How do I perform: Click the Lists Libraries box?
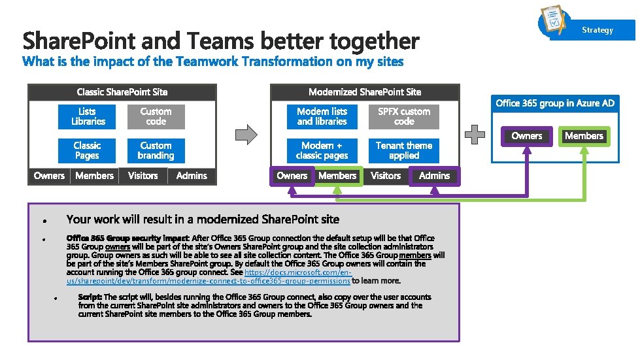coord(88,117)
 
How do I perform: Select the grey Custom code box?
coord(156,117)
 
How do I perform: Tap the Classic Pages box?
coord(88,151)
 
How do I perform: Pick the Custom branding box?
coord(156,151)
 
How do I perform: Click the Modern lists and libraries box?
coord(322,117)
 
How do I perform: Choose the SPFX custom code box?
coord(404,117)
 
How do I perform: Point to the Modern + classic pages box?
coord(322,151)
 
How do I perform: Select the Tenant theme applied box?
coord(404,151)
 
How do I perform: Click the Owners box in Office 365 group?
coord(527,136)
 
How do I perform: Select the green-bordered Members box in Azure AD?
coord(584,136)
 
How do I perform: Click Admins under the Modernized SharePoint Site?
coord(434,176)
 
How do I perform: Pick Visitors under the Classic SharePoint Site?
coord(143,176)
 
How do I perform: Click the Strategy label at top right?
coord(598,30)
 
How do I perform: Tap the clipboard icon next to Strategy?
coord(554,22)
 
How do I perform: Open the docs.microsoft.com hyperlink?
coord(297,276)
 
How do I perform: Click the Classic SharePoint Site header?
coord(122,92)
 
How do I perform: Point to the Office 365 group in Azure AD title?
coord(555,103)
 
